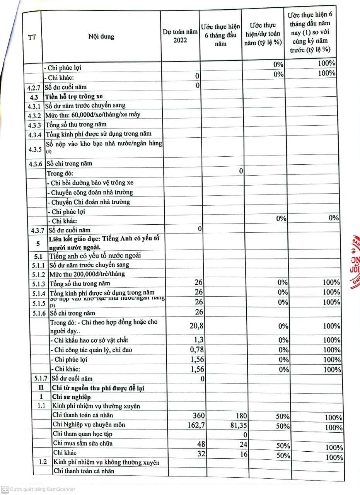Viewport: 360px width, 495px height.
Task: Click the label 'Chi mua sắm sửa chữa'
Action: click(82, 443)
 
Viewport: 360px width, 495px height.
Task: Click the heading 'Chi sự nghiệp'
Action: click(72, 397)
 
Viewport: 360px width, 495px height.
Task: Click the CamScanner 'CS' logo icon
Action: click(5, 489)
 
